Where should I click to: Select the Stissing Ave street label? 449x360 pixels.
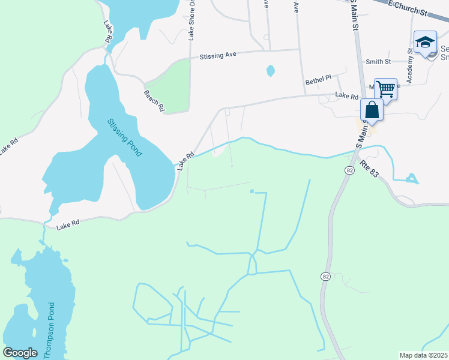[218, 55]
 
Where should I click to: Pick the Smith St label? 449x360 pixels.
[378, 61]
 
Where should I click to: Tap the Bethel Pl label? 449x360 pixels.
[318, 79]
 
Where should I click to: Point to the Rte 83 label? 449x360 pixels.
[370, 167]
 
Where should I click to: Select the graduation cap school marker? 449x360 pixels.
[425, 42]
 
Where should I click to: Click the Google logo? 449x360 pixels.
[20, 353]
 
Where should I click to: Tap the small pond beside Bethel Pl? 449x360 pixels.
[271, 71]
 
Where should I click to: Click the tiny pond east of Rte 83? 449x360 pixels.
[411, 178]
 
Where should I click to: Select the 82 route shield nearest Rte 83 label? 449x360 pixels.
[349, 171]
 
